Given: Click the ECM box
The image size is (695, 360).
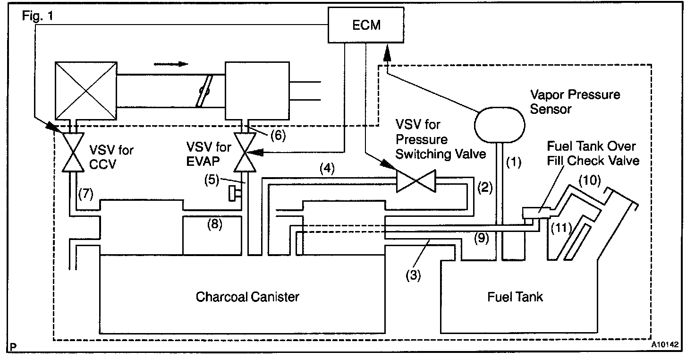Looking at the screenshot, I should (366, 25).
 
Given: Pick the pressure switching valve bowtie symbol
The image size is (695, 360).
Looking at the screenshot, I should (415, 182).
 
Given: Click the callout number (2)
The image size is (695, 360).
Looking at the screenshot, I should (486, 188).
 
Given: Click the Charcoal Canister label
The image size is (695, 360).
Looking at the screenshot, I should (247, 297).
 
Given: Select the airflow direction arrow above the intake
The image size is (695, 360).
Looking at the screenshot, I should (171, 63).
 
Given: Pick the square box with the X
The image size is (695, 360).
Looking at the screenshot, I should (84, 90).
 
